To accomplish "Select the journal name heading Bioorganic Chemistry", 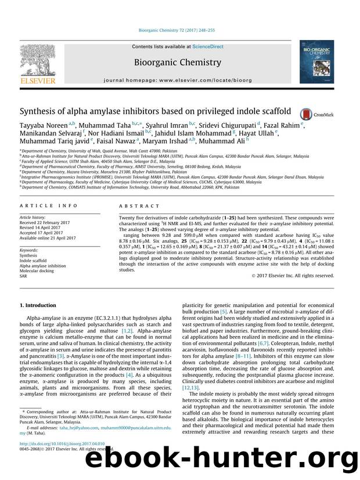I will pos(177,63).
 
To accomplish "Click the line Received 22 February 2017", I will pos(49,222).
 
